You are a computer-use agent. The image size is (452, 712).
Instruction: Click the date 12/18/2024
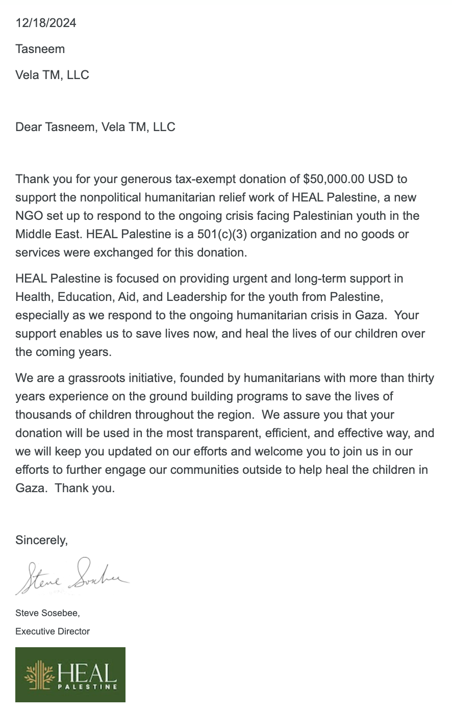(46, 23)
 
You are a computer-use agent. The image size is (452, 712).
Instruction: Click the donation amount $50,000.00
(334, 179)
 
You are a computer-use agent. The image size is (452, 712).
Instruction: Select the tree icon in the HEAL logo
(40, 674)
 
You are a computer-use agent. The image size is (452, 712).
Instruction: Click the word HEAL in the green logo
(87, 672)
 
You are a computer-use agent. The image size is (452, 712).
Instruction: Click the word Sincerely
(41, 540)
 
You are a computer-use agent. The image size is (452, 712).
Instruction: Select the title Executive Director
(53, 631)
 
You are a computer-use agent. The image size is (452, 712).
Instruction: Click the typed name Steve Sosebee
(47, 613)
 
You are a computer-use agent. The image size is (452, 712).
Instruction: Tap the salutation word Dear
(29, 127)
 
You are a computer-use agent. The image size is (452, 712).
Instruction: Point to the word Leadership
(197, 297)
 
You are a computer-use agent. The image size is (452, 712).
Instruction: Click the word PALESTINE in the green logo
(87, 686)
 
